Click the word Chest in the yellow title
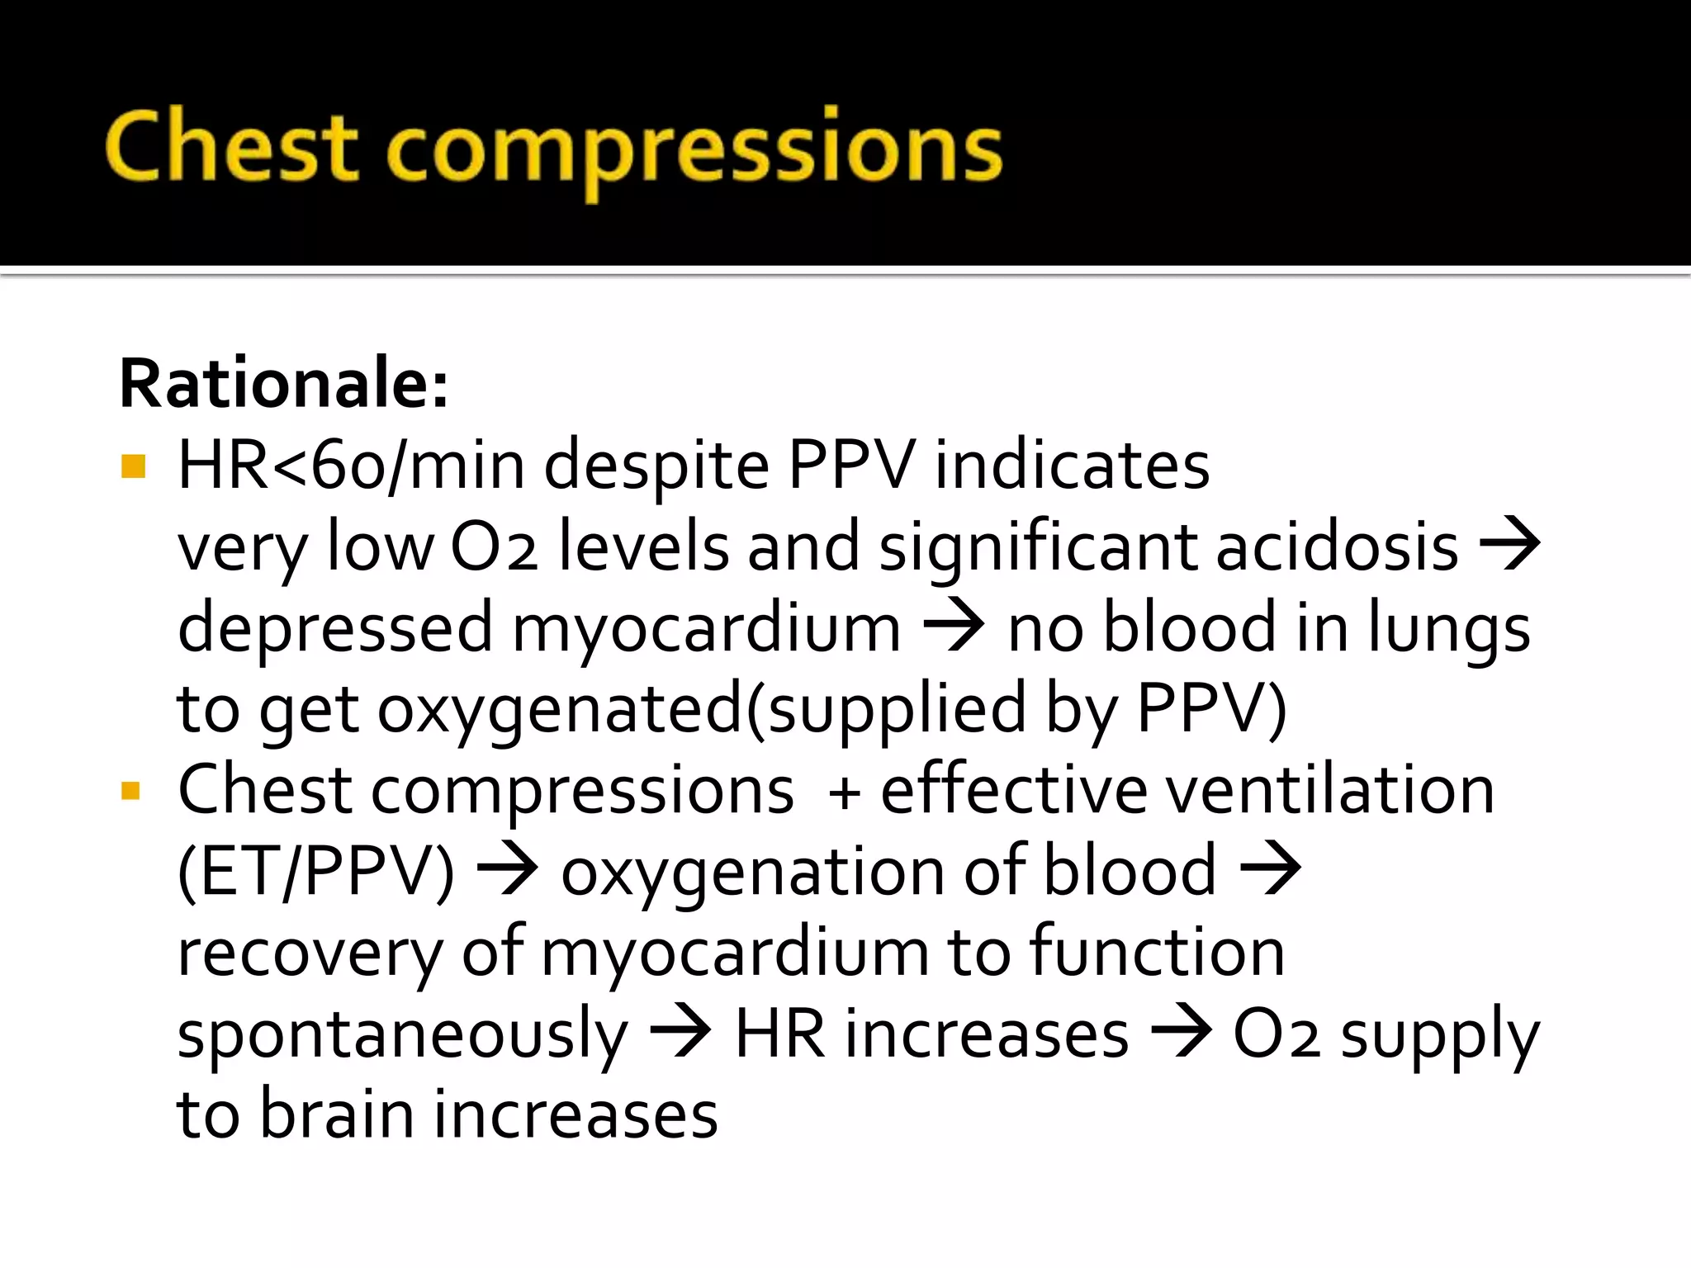(x=231, y=147)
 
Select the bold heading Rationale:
(x=284, y=384)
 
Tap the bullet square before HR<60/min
(x=133, y=466)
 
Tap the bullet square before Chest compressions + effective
(x=130, y=791)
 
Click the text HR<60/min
(x=351, y=465)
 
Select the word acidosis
(x=1338, y=546)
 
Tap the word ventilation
(x=1329, y=790)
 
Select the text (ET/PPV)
(x=316, y=871)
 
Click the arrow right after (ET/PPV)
(x=508, y=870)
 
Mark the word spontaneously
(x=403, y=1035)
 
